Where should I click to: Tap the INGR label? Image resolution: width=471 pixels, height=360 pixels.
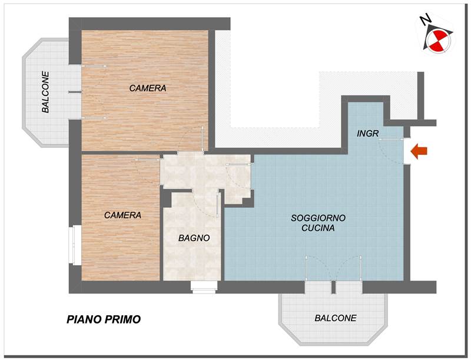pos(367,134)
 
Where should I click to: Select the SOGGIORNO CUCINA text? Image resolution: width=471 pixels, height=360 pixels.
pos(318,223)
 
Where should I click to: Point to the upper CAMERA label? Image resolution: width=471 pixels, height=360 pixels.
pos(148,88)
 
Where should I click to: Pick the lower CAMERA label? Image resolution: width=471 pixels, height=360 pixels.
pos(122,215)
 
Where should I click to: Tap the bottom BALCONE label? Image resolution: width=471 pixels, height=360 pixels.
pos(336,318)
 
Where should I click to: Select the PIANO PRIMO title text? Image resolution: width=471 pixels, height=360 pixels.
pos(103,320)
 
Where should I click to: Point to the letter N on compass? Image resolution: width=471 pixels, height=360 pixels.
pos(424,20)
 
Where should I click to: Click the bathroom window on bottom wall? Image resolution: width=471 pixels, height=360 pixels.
pos(204,287)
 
